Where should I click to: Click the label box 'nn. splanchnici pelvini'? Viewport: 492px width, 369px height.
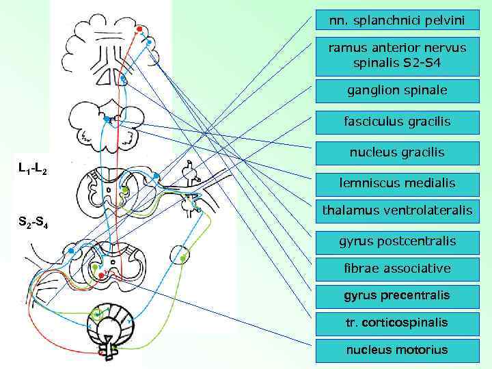pyautogui.click(x=396, y=21)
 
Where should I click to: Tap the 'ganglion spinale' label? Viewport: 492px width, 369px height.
pyautogui.click(x=396, y=90)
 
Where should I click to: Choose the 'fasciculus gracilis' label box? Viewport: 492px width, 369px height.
pyautogui.click(x=396, y=122)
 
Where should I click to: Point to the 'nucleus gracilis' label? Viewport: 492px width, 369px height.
pyautogui.click(x=396, y=152)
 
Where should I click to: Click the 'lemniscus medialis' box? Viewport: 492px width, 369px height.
pyautogui.click(x=396, y=182)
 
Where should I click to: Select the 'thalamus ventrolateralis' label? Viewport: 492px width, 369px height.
pyautogui.click(x=396, y=210)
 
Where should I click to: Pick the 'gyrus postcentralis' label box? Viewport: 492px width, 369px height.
pyautogui.click(x=396, y=241)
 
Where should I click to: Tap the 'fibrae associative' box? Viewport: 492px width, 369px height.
pyautogui.click(x=396, y=268)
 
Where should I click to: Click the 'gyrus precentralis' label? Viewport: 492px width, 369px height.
pyautogui.click(x=396, y=295)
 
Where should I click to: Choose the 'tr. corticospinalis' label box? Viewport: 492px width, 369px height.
pyautogui.click(x=396, y=322)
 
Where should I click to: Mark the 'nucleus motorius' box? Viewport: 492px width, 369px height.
pyautogui.click(x=396, y=349)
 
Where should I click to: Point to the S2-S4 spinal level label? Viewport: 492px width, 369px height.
pyautogui.click(x=31, y=222)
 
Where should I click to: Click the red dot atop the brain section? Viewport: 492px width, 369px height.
pyautogui.click(x=139, y=29)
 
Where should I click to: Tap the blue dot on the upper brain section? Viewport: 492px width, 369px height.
pyautogui.click(x=150, y=42)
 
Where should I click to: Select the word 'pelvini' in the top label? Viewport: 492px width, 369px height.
pyautogui.click(x=442, y=21)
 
